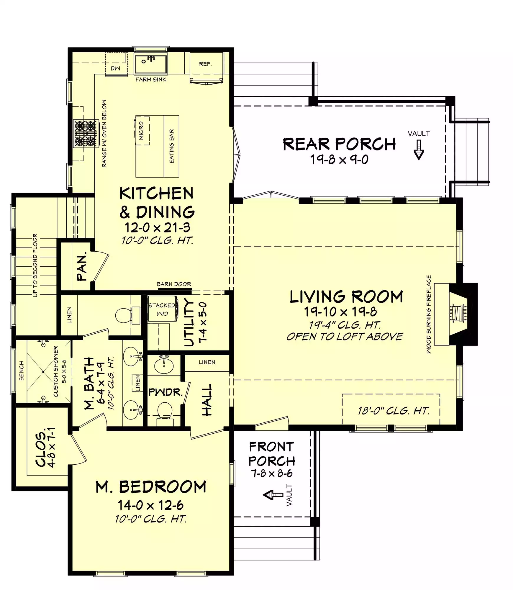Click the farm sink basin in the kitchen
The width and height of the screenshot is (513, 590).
point(151,64)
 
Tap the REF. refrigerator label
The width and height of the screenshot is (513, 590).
point(205,64)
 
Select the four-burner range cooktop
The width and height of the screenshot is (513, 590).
point(86,133)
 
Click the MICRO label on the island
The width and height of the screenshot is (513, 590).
point(141,131)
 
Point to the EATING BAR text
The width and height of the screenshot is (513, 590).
point(171,146)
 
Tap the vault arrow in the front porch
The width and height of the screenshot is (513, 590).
point(273,495)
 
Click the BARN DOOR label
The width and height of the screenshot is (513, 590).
point(174,284)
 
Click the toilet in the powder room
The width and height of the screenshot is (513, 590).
point(165,414)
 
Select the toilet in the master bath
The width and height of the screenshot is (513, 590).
point(128,315)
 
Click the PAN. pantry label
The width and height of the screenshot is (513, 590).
point(82,266)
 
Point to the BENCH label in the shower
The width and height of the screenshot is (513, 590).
point(21,371)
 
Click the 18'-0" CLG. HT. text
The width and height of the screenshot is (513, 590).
point(394,411)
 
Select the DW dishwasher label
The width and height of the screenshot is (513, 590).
point(115,68)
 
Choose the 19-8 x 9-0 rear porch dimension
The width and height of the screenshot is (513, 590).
point(339,160)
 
